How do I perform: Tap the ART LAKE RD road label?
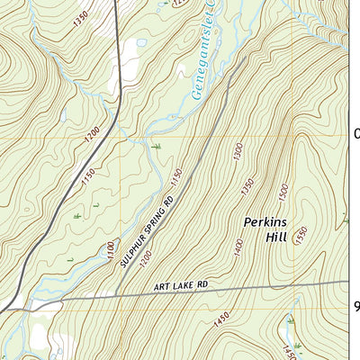click(180, 285)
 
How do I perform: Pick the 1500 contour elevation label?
click(283, 190)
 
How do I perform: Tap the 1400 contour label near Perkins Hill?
click(238, 244)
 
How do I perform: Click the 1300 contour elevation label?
click(237, 154)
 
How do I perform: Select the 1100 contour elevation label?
click(111, 251)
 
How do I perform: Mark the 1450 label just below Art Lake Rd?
click(220, 316)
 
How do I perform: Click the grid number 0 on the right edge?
click(355, 134)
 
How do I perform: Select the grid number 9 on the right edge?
click(355, 307)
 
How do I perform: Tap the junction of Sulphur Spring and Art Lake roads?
click(117, 295)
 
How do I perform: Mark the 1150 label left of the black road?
click(86, 179)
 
